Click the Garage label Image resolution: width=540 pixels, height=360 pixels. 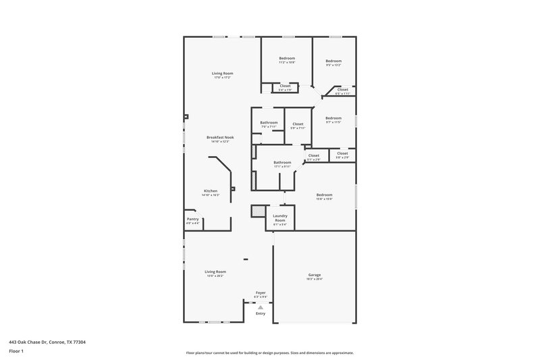coord(315,275)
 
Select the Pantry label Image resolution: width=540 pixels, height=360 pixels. coord(192,219)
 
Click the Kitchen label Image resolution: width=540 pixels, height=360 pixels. coord(211,191)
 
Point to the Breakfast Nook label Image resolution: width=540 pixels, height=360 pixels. coord(220,137)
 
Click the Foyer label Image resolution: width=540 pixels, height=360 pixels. coord(260,292)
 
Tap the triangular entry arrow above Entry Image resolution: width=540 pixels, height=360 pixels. coord(261,307)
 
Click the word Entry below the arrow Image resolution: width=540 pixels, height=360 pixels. coord(261,313)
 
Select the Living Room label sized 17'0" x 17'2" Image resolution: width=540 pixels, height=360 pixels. coord(223,73)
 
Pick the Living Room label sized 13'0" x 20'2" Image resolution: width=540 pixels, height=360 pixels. coord(215,272)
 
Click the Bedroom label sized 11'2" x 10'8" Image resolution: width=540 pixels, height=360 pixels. coord(287,59)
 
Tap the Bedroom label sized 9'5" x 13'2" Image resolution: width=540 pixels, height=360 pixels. coord(333,61)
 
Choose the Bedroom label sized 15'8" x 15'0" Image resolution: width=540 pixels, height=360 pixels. coord(324,195)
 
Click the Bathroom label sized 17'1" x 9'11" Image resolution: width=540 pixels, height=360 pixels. coord(282,162)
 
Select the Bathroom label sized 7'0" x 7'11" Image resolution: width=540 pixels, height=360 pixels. coord(269,122)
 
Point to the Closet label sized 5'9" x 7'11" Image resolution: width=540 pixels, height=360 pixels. coord(297,124)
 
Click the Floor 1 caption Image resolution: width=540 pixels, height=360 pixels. coord(16,351)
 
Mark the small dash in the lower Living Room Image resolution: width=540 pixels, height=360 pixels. coord(246,258)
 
